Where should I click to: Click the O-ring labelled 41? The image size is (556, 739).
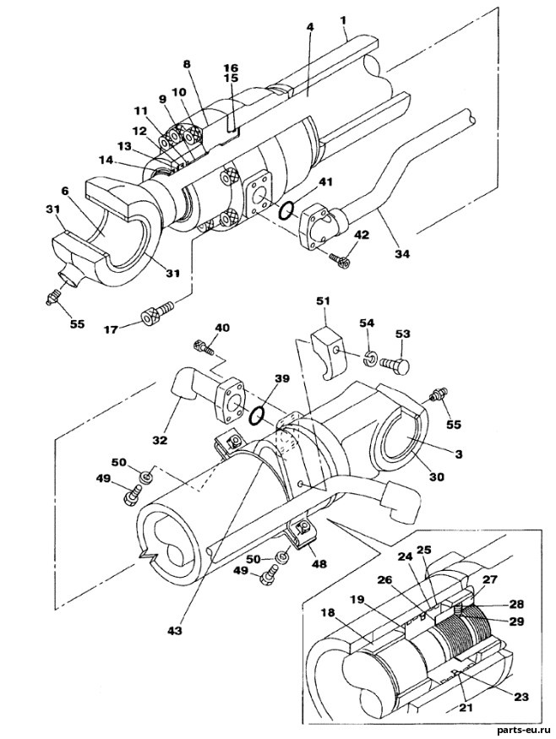tap(286, 211)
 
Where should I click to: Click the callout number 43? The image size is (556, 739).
tap(176, 629)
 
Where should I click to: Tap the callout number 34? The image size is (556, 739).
tap(403, 253)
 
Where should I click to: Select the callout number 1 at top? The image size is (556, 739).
tap(343, 20)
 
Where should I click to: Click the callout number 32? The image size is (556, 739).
tap(161, 440)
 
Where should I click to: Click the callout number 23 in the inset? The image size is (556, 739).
tap(521, 696)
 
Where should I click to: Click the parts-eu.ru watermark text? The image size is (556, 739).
tap(523, 730)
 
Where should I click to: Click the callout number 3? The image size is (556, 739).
tap(458, 454)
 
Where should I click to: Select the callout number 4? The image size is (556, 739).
tap(309, 27)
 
